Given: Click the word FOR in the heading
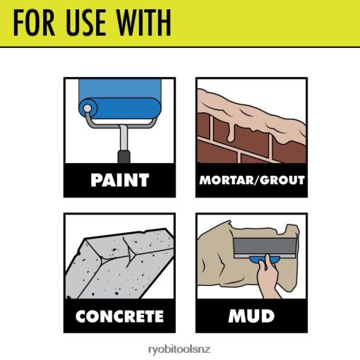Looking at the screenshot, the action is click(34, 23).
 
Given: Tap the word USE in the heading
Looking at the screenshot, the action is click(85, 23).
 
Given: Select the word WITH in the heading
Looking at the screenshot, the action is click(144, 23).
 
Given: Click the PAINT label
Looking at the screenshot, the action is click(120, 180).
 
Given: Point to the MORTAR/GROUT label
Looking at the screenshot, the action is click(252, 180).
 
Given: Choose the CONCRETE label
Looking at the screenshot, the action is click(119, 316).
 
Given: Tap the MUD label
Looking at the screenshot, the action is click(251, 316).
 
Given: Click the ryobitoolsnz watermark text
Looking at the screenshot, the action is click(179, 349).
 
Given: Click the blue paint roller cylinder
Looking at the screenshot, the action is click(120, 108).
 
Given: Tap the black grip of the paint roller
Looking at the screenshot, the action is click(124, 157).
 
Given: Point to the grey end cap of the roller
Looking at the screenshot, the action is click(88, 108).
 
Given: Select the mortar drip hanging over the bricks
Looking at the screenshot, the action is click(231, 132).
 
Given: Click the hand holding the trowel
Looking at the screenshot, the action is click(268, 277).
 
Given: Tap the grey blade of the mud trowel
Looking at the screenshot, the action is click(265, 248).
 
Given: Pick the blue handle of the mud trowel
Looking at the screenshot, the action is click(264, 260).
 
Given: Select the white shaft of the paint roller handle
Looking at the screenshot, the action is click(124, 138).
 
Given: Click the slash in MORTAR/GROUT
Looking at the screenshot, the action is click(256, 180).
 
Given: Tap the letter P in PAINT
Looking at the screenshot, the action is click(96, 180).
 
